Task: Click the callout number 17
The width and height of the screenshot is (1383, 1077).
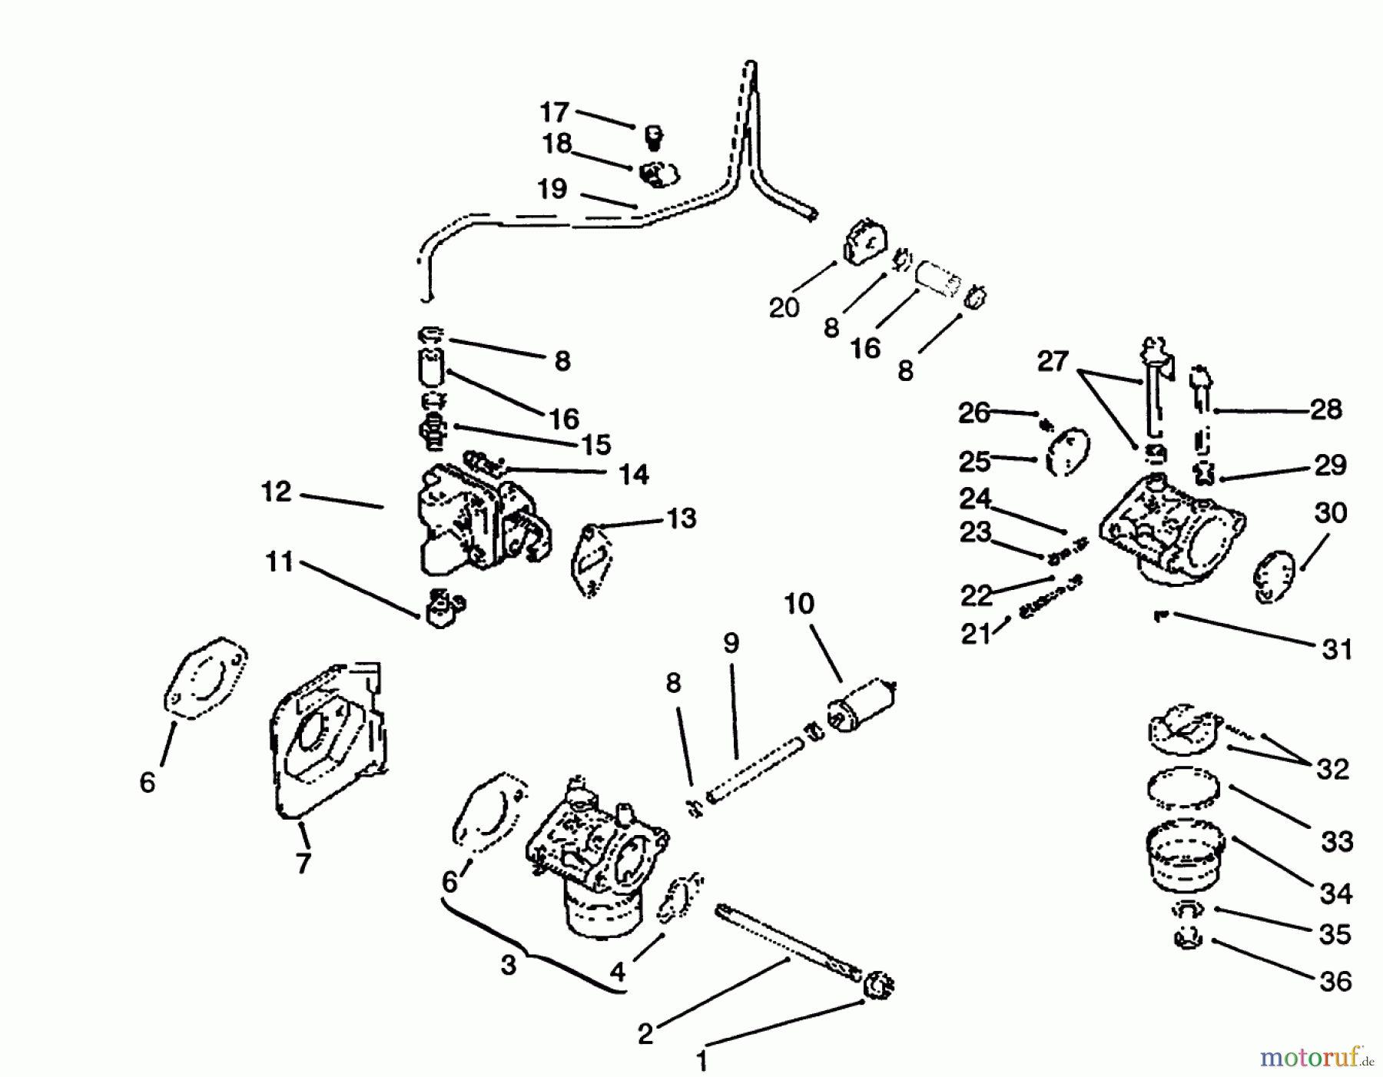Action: point(554,113)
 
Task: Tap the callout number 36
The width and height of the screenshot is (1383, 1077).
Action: point(1335,981)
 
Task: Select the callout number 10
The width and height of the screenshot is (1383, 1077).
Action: point(799,604)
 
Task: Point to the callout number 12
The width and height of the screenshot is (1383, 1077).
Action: point(277,492)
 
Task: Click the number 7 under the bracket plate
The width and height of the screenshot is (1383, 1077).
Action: point(303,863)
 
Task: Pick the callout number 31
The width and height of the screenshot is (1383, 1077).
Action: point(1337,650)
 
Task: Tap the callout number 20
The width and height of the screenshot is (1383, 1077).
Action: point(784,308)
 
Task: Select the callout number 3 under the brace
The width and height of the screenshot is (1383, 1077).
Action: point(508,966)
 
